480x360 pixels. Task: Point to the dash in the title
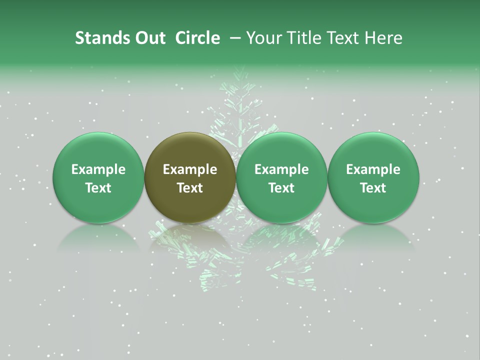(x=233, y=38)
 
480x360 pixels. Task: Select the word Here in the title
(x=383, y=38)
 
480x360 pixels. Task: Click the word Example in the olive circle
(x=190, y=169)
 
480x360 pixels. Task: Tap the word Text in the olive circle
(x=190, y=188)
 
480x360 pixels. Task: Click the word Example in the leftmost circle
(x=98, y=169)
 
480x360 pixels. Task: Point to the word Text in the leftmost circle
(x=98, y=188)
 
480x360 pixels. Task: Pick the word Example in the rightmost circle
(x=373, y=169)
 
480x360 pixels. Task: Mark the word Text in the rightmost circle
(x=373, y=188)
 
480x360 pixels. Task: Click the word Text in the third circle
(x=281, y=188)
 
